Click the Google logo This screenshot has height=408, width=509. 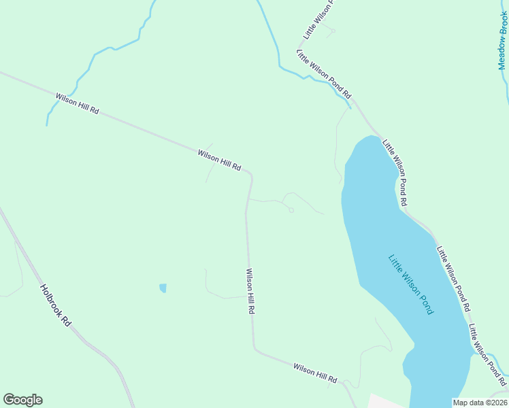coord(22,400)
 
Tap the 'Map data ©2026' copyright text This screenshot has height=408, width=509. coord(480,403)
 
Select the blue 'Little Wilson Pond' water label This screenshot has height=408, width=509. coord(411,284)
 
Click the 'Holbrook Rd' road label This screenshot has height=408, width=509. coord(56,303)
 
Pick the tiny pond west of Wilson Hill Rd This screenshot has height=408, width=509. coord(163,288)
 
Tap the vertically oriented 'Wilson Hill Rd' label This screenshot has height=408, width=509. coord(250,290)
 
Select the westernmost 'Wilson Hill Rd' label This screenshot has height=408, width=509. coord(78,103)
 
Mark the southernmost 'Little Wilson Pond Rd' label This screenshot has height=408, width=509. coord(487,354)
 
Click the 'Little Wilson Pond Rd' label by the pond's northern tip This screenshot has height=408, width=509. coord(395,173)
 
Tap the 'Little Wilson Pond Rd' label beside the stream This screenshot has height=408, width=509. coord(323,73)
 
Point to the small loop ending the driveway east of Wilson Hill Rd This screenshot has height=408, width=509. coord(291,210)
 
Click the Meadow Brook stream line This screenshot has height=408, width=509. coord(504,82)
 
